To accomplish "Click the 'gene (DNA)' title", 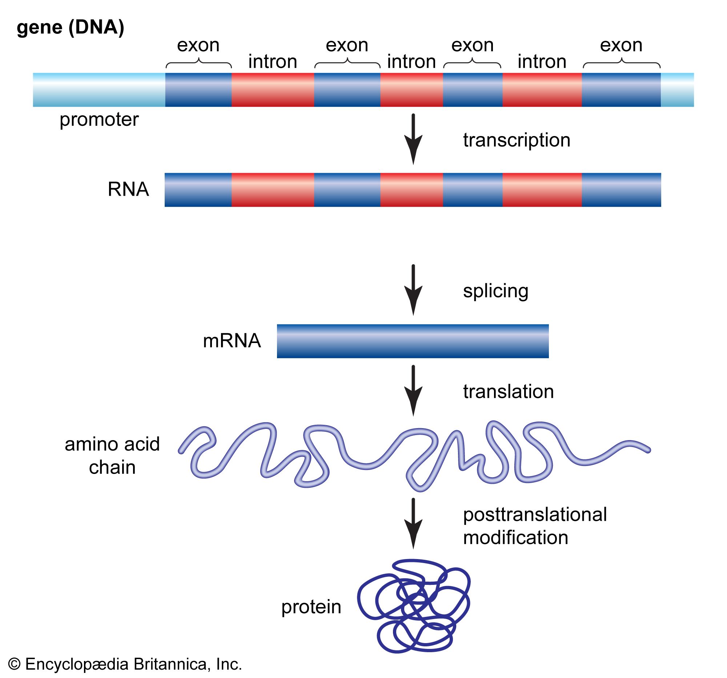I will (x=71, y=27).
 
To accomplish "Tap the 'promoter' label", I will (x=99, y=120).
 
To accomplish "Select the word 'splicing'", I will (x=495, y=291).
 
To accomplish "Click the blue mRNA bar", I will (x=413, y=341).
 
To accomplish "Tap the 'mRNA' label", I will (x=232, y=341).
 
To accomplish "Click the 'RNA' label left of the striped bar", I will (x=128, y=190).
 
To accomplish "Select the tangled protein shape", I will (x=414, y=606).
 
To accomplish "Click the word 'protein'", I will (x=311, y=607).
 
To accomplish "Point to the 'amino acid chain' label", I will (x=112, y=455).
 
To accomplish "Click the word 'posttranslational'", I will (x=535, y=514).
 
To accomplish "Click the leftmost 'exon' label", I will (x=198, y=45).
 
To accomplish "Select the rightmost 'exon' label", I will (x=621, y=45).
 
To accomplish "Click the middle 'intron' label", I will (x=411, y=61).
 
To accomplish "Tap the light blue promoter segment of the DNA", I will (x=99, y=90).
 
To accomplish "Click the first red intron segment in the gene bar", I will (x=272, y=90).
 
